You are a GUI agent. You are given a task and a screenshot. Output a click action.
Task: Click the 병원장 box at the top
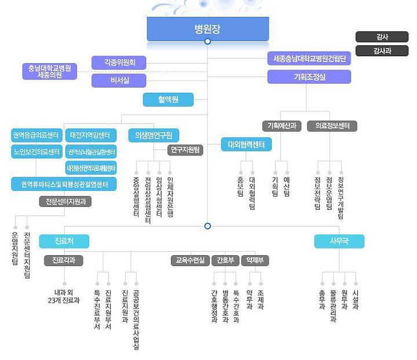[207, 28]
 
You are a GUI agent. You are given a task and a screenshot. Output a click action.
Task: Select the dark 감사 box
[382, 37]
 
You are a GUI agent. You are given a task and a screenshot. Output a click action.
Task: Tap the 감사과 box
[382, 50]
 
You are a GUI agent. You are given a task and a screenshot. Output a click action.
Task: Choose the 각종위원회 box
[119, 62]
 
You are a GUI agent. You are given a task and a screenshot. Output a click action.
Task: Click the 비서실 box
[119, 81]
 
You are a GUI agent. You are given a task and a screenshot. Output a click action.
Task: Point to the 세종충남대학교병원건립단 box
[309, 59]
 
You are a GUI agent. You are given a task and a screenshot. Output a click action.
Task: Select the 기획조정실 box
[309, 77]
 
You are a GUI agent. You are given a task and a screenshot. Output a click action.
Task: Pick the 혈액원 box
[168, 100]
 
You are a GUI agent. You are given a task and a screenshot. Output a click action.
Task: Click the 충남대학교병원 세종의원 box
[50, 71]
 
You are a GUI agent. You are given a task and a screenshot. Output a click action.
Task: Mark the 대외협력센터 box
[246, 144]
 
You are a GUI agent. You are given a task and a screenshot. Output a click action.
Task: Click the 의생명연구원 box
[154, 136]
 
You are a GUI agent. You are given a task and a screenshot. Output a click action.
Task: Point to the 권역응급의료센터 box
[36, 136]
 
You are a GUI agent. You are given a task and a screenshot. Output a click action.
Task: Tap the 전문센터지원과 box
[65, 202]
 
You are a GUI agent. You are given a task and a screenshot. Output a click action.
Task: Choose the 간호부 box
[224, 260]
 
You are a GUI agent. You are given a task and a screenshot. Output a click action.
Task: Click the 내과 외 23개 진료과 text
[64, 296]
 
